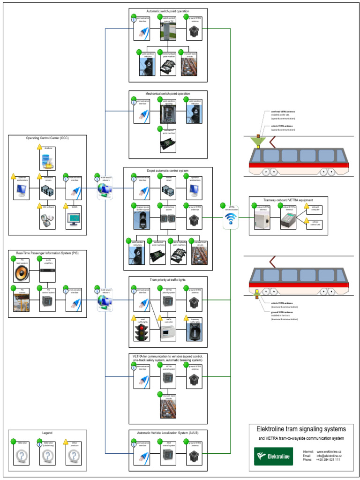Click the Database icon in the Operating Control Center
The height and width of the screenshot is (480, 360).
(47, 160)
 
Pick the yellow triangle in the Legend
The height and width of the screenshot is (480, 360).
(67, 442)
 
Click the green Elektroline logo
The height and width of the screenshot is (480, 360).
(273, 456)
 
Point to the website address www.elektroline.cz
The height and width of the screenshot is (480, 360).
(329, 451)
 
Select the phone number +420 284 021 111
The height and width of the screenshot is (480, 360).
(328, 460)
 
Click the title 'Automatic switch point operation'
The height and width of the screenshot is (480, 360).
(168, 11)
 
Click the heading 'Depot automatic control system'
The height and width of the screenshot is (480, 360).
(167, 171)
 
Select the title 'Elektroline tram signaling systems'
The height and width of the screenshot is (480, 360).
(301, 429)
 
